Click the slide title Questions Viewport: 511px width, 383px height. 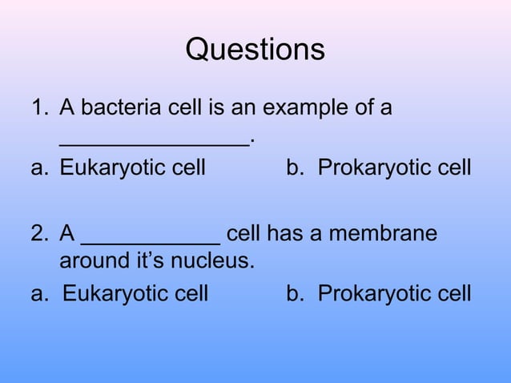click(255, 50)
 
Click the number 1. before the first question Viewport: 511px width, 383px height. click(40, 107)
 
